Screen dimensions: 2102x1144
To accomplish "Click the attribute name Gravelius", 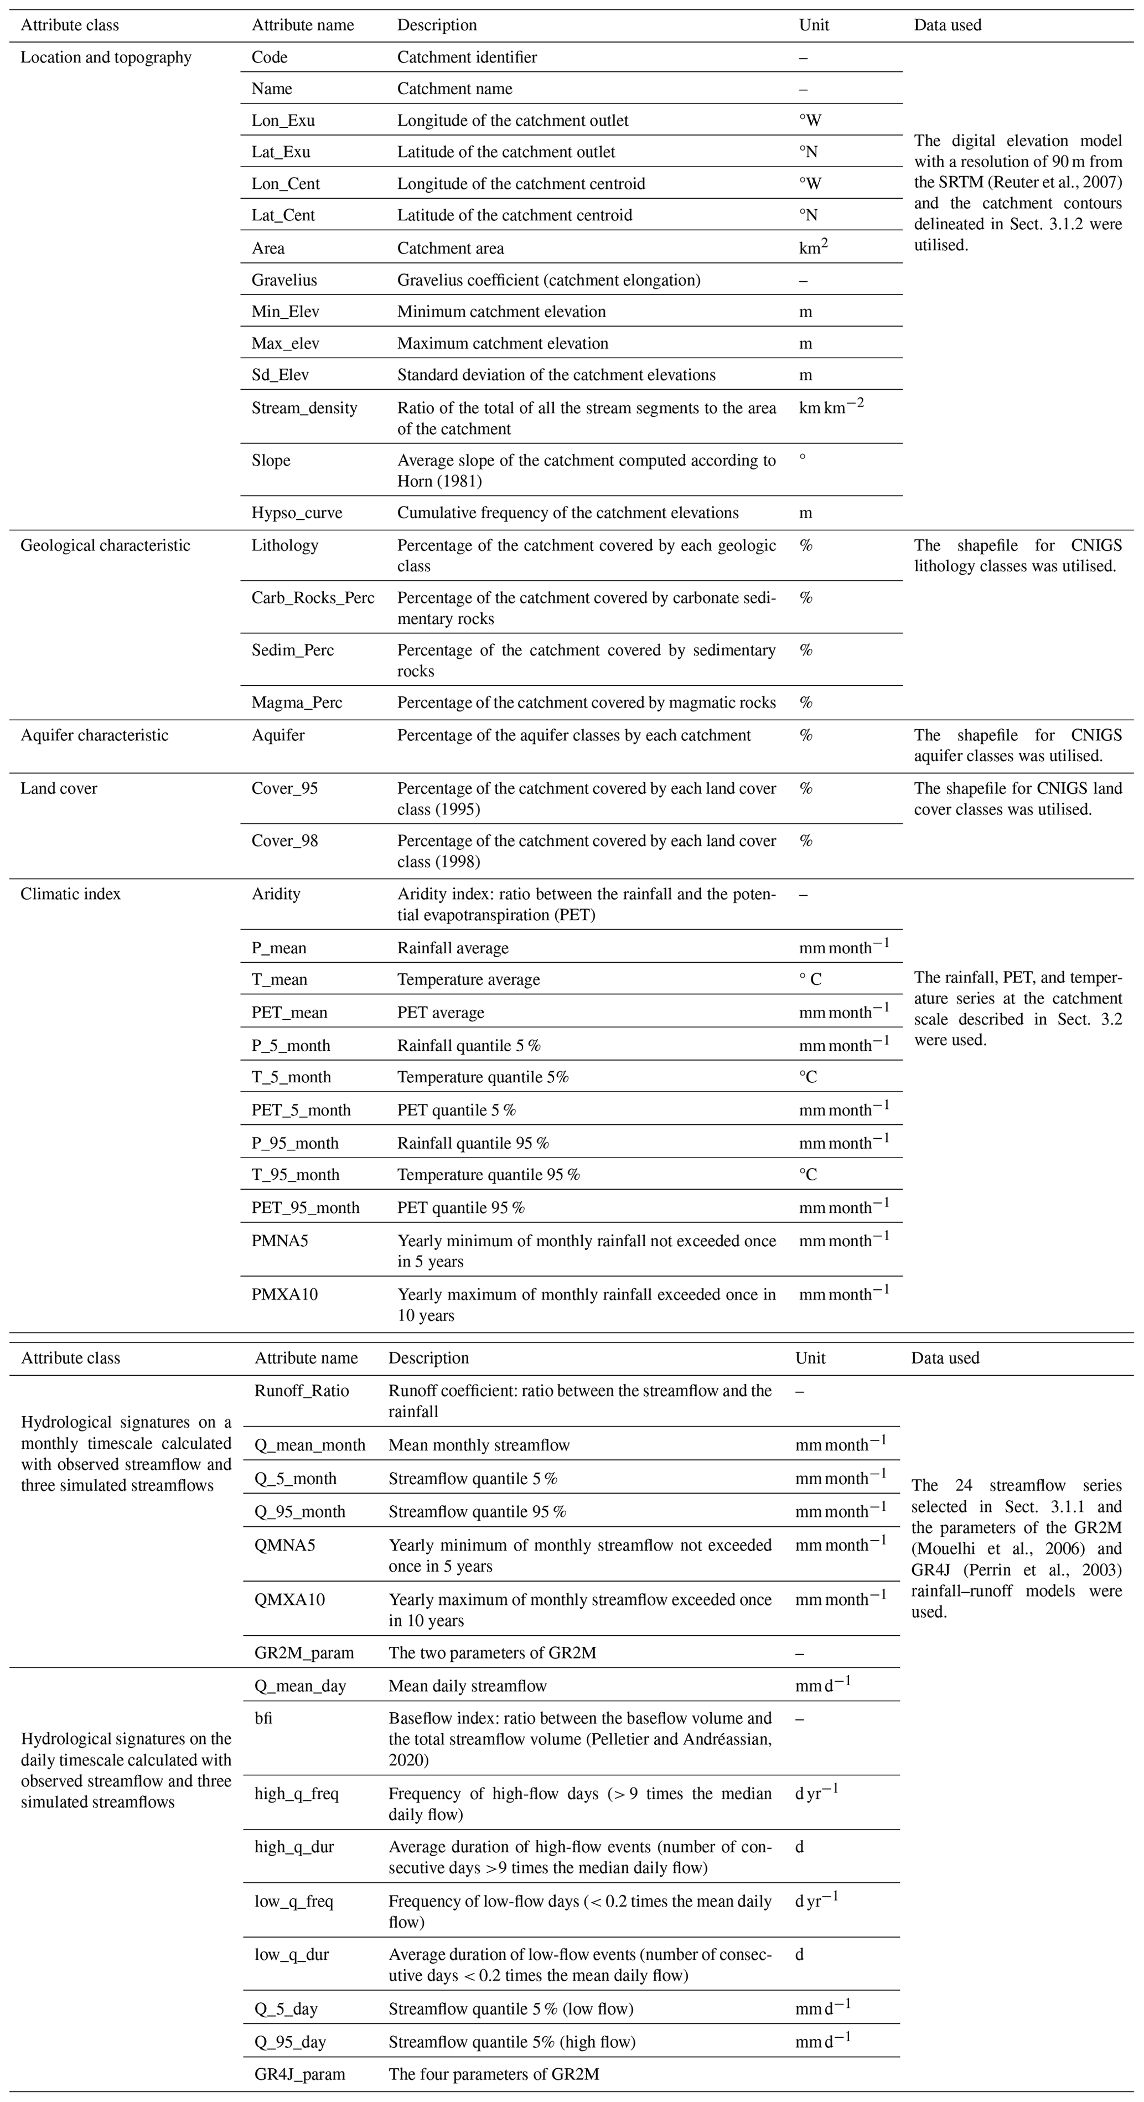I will tap(284, 280).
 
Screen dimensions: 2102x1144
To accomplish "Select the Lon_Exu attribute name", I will tap(282, 120).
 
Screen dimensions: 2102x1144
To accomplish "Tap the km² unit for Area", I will tap(812, 248).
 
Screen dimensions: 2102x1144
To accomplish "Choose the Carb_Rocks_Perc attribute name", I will tap(313, 597).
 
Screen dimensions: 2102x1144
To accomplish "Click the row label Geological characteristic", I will tap(105, 545).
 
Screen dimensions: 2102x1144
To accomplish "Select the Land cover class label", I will tap(59, 788).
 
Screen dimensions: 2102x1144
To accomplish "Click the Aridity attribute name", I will tap(276, 894).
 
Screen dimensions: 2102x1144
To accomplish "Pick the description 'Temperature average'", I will tap(468, 979).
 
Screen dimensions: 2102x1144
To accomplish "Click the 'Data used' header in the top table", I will tap(946, 24).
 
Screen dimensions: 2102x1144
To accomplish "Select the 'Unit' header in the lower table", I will tap(810, 1358).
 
